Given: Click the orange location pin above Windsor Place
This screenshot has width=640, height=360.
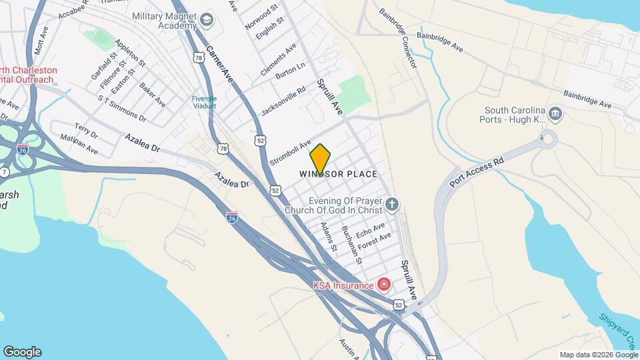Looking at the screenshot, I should click(321, 158).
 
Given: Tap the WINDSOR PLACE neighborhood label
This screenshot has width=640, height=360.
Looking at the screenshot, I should click(338, 174).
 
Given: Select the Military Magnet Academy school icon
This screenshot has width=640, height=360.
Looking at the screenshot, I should click(207, 20).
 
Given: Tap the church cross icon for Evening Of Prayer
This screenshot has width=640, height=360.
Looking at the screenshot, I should click(393, 204).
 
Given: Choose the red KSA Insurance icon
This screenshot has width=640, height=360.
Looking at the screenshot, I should click(383, 285).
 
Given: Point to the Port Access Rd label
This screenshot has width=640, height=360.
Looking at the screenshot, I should click(477, 173).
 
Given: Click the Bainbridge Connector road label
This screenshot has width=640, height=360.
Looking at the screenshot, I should click(398, 39).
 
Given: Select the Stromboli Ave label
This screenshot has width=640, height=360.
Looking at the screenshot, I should click(291, 153).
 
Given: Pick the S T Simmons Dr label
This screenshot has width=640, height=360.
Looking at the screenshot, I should click(122, 109).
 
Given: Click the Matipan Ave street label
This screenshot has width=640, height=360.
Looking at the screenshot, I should click(79, 145).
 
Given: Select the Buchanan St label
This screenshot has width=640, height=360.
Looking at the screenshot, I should click(351, 245).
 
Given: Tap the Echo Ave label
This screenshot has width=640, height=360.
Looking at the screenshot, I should click(371, 231).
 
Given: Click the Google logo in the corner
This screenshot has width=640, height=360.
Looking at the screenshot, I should click(22, 351).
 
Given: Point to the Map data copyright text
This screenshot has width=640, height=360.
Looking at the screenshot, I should click(598, 355).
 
